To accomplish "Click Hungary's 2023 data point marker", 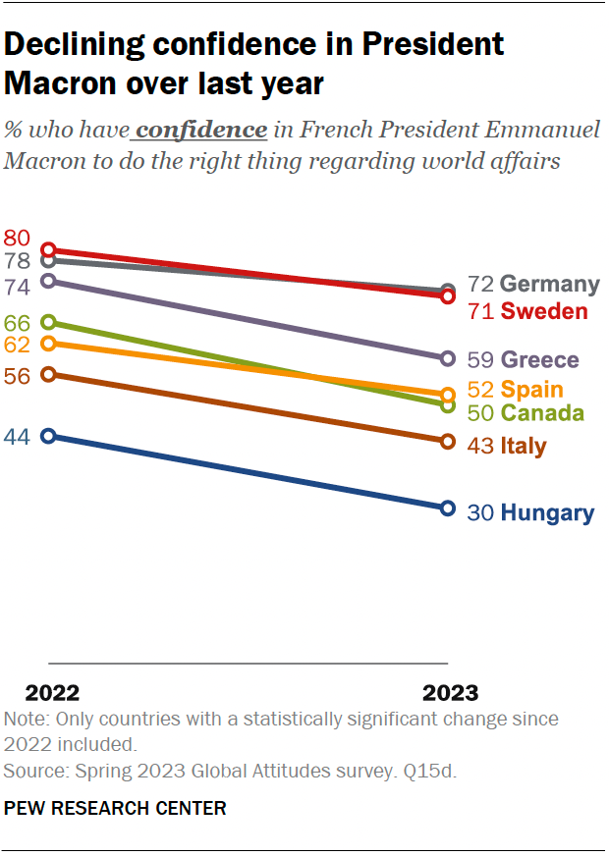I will (448, 508).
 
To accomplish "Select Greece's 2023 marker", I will (448, 357).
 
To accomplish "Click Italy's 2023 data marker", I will (448, 442).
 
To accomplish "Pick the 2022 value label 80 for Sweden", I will (17, 239).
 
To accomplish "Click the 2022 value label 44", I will (17, 437).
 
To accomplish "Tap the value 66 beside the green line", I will (17, 323).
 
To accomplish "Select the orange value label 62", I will (17, 345).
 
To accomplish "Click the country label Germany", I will (549, 285).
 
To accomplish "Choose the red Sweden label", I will (543, 312).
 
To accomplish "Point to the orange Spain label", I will (531, 389).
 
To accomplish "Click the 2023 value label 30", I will (480, 513).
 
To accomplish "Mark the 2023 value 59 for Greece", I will (480, 360).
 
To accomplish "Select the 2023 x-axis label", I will (450, 692).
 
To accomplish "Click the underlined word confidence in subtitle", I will (201, 131).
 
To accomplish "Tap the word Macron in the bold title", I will (58, 83).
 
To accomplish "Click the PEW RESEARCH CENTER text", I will (116, 809).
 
